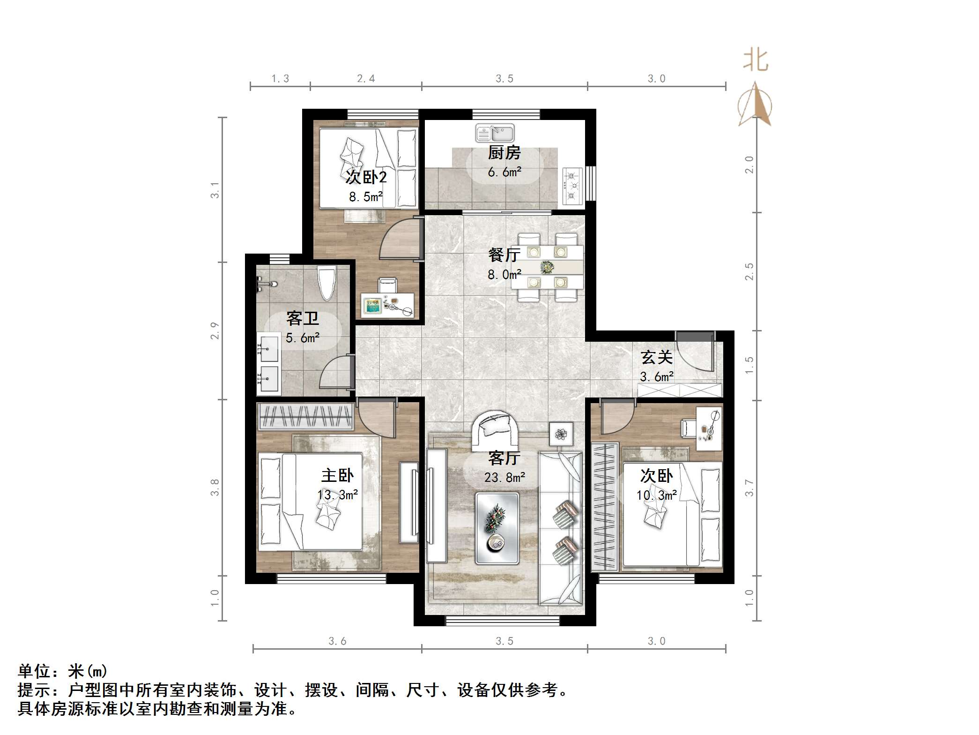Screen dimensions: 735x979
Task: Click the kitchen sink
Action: (495, 133)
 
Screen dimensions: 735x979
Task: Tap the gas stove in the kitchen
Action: (572, 186)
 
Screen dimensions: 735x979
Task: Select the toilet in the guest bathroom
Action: (326, 283)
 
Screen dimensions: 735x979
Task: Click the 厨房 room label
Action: (504, 153)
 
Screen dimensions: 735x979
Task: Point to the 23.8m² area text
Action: (504, 478)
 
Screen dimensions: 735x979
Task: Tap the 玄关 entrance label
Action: (657, 358)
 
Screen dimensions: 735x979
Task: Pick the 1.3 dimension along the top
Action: (280, 79)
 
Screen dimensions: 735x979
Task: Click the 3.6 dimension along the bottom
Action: (337, 641)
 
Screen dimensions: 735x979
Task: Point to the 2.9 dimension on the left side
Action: (215, 330)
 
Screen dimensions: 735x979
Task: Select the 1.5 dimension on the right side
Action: (749, 365)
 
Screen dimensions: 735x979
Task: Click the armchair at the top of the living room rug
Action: (495, 428)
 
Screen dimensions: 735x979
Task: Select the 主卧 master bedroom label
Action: (337, 476)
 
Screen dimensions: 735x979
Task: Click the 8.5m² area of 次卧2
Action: (366, 197)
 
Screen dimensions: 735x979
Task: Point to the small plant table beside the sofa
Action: (561, 434)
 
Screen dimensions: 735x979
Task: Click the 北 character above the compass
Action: (756, 61)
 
